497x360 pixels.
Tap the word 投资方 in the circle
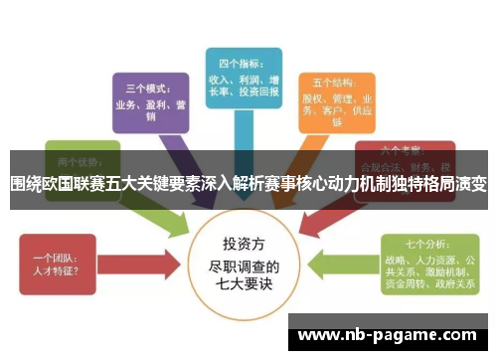[x=246, y=243]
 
